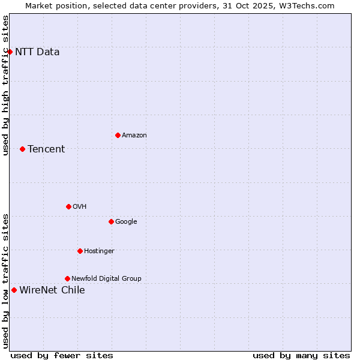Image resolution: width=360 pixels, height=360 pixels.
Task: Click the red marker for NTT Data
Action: (x=10, y=52)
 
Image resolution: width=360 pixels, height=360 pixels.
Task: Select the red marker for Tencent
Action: (x=22, y=149)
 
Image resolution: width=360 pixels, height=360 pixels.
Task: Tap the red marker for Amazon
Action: (x=118, y=135)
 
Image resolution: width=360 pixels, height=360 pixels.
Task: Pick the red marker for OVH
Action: (x=68, y=206)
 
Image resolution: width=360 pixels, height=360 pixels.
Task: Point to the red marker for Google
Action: (x=111, y=221)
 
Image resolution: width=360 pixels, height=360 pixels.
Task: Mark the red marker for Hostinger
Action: (x=80, y=251)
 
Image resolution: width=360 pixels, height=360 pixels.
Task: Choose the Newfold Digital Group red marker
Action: (x=67, y=278)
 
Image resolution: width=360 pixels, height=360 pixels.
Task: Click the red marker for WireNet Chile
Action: (x=14, y=290)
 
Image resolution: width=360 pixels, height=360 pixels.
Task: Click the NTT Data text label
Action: (x=37, y=52)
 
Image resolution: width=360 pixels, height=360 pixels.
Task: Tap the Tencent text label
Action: (x=46, y=149)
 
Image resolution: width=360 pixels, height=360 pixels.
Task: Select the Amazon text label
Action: (x=134, y=135)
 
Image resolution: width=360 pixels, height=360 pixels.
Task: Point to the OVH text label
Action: (x=80, y=206)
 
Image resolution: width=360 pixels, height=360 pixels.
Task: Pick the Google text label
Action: (x=126, y=221)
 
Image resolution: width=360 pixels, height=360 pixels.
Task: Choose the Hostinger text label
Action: (x=99, y=251)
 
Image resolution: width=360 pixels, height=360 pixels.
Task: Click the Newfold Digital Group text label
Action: (x=106, y=278)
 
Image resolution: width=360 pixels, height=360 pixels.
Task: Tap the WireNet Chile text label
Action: (x=52, y=290)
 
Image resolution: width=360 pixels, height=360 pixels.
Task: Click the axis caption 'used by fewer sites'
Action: (x=62, y=355)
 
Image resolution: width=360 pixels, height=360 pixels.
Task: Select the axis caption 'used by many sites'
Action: (x=301, y=355)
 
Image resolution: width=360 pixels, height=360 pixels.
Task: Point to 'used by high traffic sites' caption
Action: (x=5, y=85)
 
